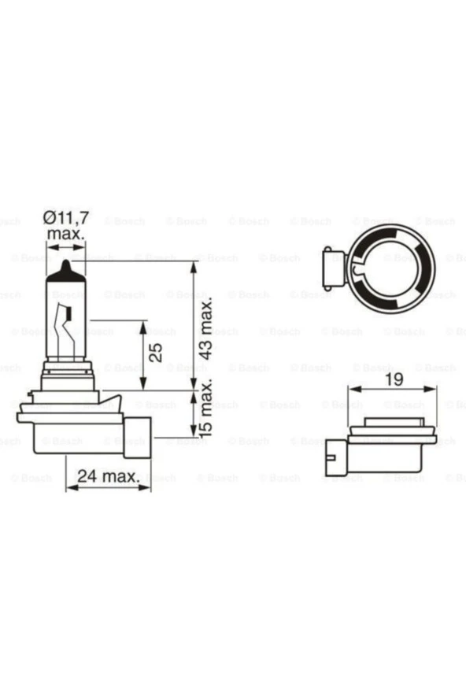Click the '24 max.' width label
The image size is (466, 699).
pos(109,476)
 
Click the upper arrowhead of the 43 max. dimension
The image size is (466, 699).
pos(194,266)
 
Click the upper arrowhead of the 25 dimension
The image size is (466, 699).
pos(142,324)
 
